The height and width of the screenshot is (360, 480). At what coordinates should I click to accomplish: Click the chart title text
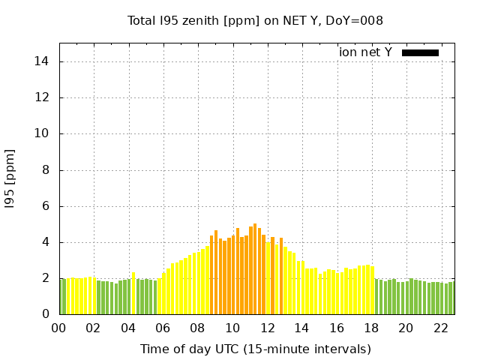[255, 20]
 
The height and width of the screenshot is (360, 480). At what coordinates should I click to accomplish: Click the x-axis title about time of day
[255, 349]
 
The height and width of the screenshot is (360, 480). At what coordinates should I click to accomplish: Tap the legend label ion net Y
[365, 52]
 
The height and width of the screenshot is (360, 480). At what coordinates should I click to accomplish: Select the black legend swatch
[420, 52]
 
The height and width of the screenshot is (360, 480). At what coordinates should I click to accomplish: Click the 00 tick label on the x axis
[58, 328]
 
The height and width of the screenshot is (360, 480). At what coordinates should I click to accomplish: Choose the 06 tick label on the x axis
[163, 328]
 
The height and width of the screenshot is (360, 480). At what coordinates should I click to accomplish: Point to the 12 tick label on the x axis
[267, 328]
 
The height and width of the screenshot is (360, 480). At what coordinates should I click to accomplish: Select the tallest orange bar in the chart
[255, 268]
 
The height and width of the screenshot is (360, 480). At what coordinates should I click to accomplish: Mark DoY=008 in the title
[355, 20]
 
